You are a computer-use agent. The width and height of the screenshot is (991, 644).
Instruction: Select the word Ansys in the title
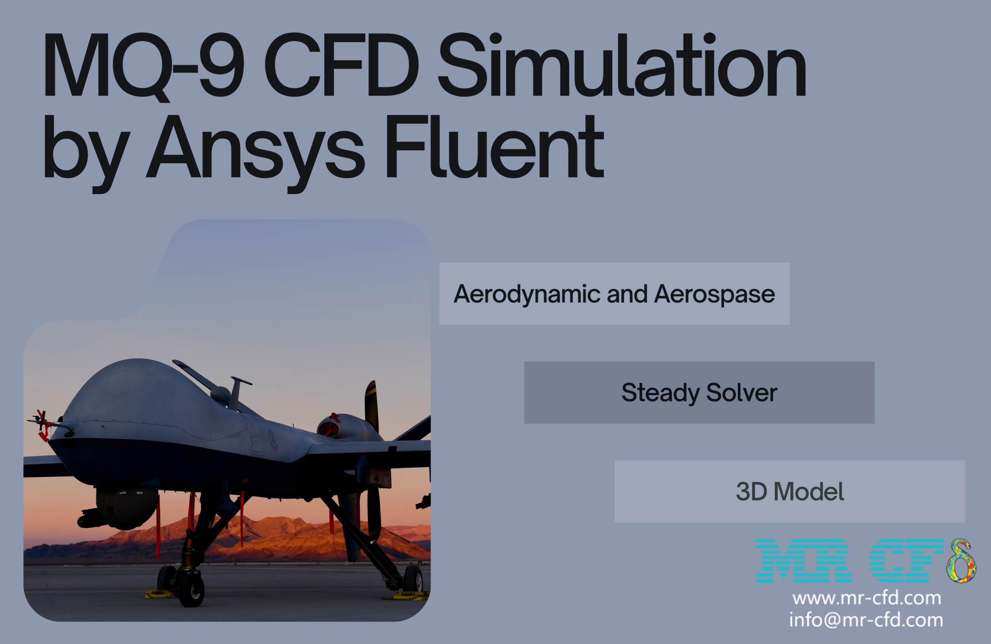[x=255, y=148]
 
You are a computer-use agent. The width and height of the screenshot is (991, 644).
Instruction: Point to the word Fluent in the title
[x=494, y=148]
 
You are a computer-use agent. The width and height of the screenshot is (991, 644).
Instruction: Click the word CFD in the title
[x=341, y=65]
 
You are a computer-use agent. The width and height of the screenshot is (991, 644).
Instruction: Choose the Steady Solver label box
[x=699, y=392]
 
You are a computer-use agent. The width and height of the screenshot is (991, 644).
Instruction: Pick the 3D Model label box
[x=789, y=491]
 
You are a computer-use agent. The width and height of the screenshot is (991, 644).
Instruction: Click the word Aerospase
[x=714, y=294]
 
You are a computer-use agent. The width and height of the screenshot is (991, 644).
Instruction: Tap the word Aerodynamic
[x=527, y=294]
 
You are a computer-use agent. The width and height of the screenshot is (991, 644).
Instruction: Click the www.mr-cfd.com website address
[x=866, y=598]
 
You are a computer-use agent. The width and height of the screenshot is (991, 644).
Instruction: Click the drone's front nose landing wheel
[x=192, y=590]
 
